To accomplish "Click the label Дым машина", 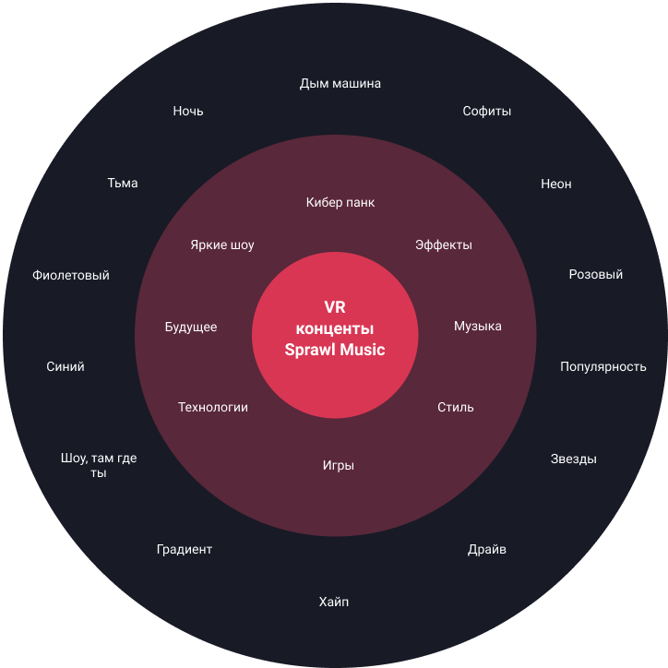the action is click(x=340, y=84).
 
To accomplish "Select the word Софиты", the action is click(x=486, y=112).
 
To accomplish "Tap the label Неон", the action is click(x=555, y=184).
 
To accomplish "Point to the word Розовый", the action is click(x=595, y=274).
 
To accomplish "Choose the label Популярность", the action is click(x=602, y=366).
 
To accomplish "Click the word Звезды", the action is click(x=573, y=459).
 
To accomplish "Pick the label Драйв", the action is click(x=486, y=550).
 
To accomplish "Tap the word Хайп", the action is click(x=334, y=602).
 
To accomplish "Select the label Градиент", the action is click(x=185, y=550).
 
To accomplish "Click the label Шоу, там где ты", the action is click(x=99, y=465).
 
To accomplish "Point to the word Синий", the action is click(x=66, y=366).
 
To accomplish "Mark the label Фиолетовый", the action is click(x=71, y=275).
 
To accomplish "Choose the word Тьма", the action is click(x=123, y=184).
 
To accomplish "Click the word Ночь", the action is click(x=188, y=112).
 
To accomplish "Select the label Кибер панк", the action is click(x=340, y=202).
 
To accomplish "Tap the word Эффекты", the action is click(x=443, y=245).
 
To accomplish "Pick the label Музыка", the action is click(x=477, y=327).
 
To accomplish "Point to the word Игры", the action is click(x=339, y=466).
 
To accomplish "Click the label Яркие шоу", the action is click(x=222, y=245).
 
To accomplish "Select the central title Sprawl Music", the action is click(x=335, y=350).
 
